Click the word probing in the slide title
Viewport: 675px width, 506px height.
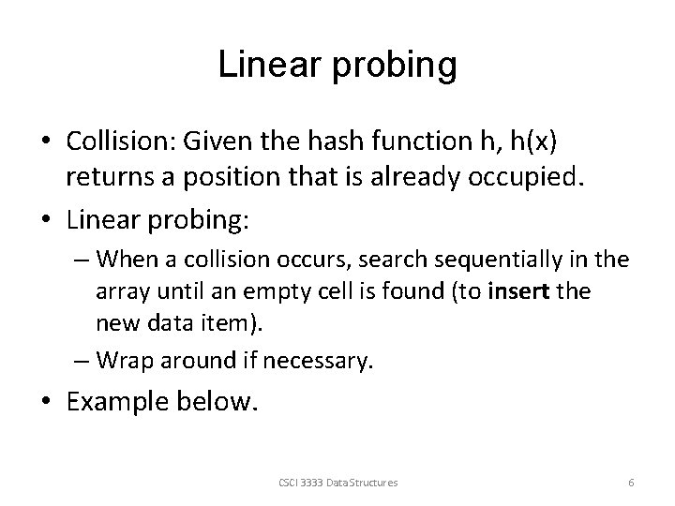(397, 66)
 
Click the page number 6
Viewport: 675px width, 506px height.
(631, 482)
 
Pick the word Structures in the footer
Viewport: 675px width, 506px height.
(379, 482)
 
